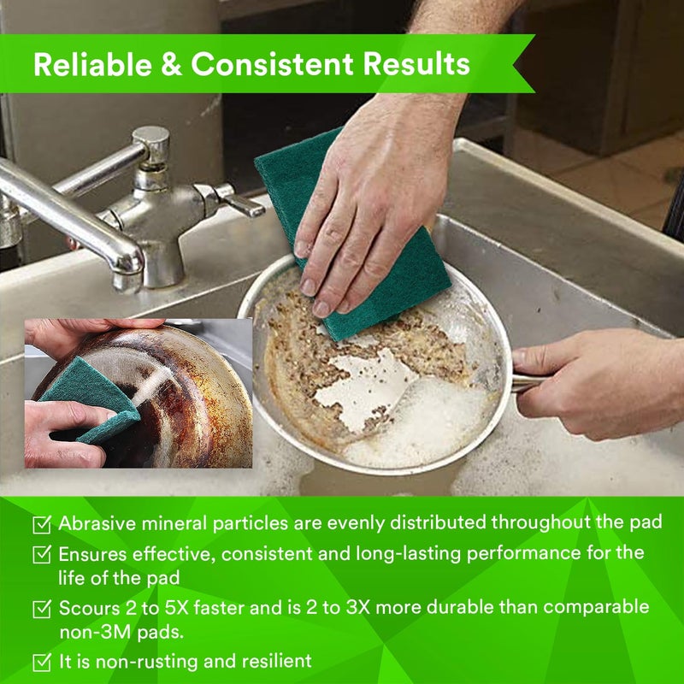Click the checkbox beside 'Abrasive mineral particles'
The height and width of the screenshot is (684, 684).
(41, 524)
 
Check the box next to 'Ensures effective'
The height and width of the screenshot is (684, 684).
(41, 555)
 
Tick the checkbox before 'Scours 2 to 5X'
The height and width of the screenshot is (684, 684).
(41, 609)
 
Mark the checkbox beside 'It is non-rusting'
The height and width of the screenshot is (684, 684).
(41, 662)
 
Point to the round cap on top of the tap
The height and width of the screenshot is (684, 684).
(150, 137)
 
